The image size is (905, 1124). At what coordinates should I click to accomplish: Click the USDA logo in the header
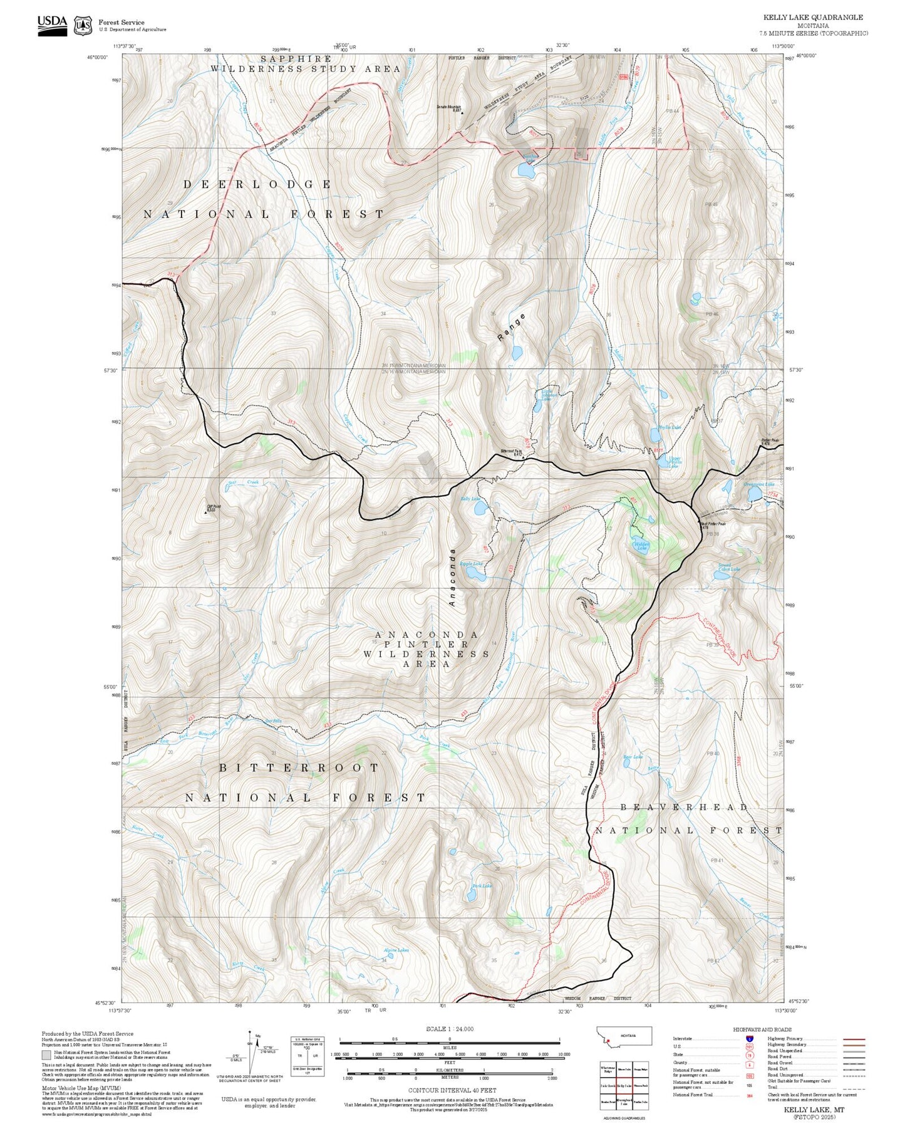[x=51, y=24]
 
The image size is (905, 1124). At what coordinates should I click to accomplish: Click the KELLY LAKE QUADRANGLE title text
[x=812, y=18]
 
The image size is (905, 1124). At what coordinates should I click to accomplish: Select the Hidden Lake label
[x=641, y=545]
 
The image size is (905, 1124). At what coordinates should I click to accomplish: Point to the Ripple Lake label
[x=471, y=564]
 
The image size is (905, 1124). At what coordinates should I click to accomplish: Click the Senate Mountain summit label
[x=449, y=108]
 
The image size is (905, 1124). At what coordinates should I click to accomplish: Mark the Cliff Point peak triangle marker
[x=205, y=512]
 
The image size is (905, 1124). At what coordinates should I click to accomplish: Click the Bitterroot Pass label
[x=511, y=452]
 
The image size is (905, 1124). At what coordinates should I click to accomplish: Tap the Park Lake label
[x=482, y=886]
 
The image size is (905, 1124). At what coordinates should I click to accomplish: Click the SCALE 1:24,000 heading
[x=449, y=1029]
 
